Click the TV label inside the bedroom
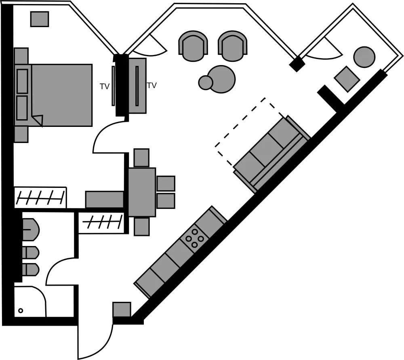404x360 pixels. pyautogui.click(x=105, y=86)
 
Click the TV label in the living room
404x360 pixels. pyautogui.click(x=152, y=85)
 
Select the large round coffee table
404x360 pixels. pyautogui.click(x=221, y=79)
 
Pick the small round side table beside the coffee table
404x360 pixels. pyautogui.click(x=206, y=82)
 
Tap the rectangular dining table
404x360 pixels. pyautogui.click(x=142, y=192)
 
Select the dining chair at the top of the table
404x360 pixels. pyautogui.click(x=141, y=158)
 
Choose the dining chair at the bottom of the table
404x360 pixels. pyautogui.click(x=141, y=227)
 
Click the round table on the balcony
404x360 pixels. pyautogui.click(x=364, y=57)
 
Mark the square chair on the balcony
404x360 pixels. pyautogui.click(x=347, y=79)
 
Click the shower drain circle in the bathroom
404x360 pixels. pyautogui.click(x=21, y=311)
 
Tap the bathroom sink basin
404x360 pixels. pyautogui.click(x=30, y=229)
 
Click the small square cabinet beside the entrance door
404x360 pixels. pyautogui.click(x=122, y=309)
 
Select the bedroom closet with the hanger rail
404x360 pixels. pyautogui.click(x=40, y=198)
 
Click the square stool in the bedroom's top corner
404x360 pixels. pyautogui.click(x=40, y=19)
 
